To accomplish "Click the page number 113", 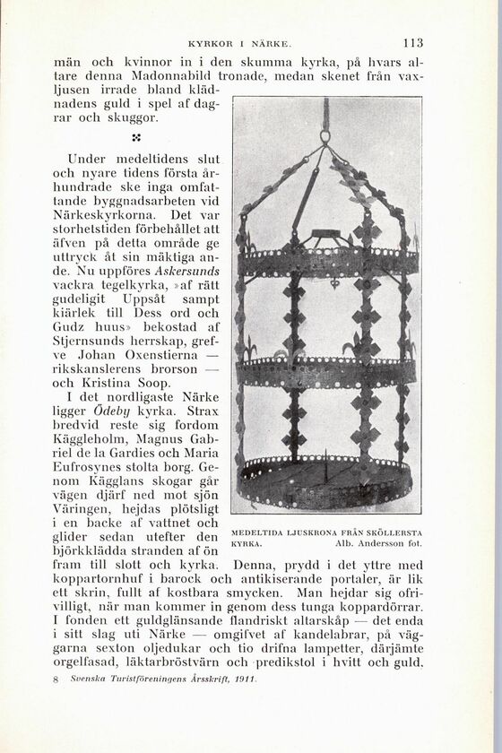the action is (x=412, y=41).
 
